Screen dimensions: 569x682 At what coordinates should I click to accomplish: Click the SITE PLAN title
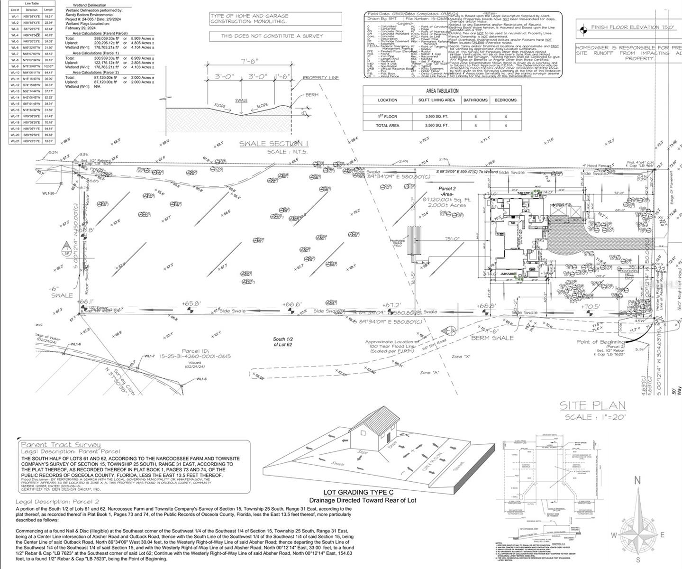[592, 405]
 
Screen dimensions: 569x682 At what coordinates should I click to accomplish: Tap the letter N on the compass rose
[637, 481]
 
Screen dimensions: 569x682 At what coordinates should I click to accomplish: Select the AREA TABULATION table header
[442, 91]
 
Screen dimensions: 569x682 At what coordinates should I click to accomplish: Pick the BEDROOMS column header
[505, 100]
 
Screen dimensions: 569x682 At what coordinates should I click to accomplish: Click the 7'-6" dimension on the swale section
[250, 62]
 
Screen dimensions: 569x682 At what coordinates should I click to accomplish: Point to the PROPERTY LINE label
[321, 78]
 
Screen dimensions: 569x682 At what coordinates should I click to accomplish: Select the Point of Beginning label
[600, 342]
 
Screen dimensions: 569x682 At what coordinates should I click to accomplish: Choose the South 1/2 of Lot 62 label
[285, 342]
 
